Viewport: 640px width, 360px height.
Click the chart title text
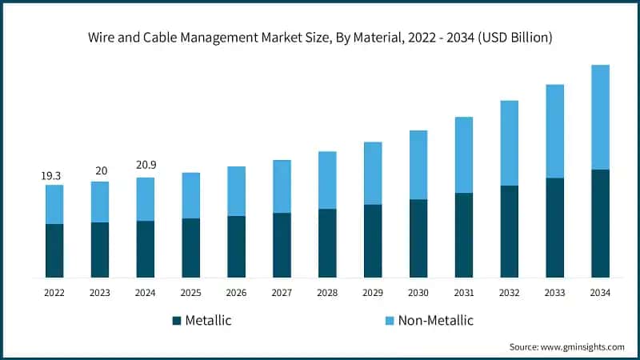click(x=319, y=38)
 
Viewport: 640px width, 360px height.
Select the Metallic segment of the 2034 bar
click(x=600, y=223)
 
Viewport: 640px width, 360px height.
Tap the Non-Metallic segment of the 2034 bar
click(x=600, y=117)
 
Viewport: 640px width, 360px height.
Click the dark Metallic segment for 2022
click(x=54, y=250)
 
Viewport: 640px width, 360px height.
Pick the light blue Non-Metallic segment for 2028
click(x=327, y=180)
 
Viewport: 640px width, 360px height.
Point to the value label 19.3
click(x=51, y=174)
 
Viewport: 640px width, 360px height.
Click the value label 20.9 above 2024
click(x=146, y=166)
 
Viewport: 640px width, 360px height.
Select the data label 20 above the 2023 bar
click(x=100, y=170)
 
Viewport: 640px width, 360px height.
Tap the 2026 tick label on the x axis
click(x=236, y=293)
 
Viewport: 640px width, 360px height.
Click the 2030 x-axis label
click(x=418, y=293)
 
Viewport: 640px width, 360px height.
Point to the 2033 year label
click(x=554, y=293)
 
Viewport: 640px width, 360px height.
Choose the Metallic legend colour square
click(x=176, y=321)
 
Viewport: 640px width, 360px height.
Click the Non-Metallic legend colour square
click(x=390, y=321)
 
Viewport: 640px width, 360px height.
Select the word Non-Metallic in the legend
click(x=436, y=321)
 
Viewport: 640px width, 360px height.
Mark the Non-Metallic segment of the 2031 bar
click(x=463, y=154)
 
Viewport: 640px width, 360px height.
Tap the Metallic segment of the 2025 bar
click(x=190, y=248)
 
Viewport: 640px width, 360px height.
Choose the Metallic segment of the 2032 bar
click(x=509, y=231)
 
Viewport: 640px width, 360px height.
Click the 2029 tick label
click(x=372, y=293)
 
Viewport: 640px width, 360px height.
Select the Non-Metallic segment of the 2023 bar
click(x=100, y=202)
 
